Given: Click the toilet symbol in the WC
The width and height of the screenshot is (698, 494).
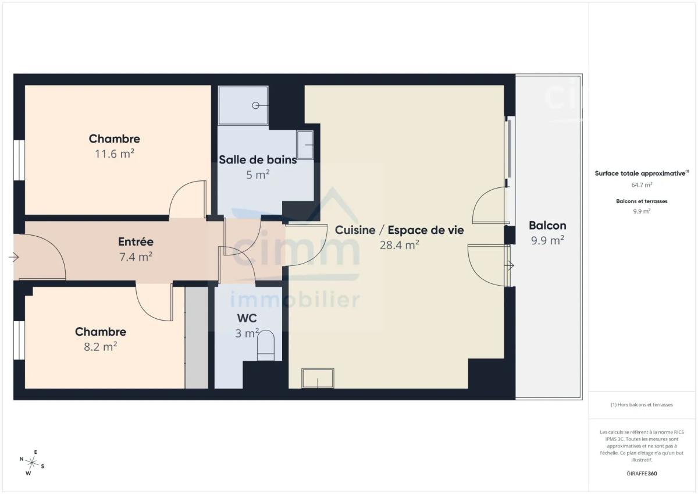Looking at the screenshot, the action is [266, 345].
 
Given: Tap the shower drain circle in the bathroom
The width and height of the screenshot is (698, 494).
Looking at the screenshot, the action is [255, 106].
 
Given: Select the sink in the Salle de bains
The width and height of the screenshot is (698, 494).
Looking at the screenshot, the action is [305, 145].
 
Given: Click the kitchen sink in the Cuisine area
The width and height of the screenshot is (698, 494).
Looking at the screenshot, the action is [318, 378].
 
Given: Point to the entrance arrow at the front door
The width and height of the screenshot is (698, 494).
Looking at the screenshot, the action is [14, 257].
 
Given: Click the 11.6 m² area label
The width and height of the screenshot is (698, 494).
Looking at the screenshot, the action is [115, 154].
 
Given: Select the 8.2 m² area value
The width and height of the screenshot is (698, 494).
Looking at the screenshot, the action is [100, 347].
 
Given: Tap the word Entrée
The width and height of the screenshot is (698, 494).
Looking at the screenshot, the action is [136, 241].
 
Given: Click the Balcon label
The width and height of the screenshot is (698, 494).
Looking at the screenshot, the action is [547, 225].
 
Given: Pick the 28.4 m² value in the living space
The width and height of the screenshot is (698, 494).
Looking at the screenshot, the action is [399, 245].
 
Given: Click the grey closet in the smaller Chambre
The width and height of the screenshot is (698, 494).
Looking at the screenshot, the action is [197, 337].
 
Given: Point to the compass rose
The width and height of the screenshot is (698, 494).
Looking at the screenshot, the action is [32, 463].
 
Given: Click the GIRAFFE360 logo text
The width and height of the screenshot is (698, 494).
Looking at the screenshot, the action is [642, 474].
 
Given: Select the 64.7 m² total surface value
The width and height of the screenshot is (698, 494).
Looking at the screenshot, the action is [642, 185].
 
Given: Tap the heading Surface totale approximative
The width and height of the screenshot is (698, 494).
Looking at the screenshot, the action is [642, 173].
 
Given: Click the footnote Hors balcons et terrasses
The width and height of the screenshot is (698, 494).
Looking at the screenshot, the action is [642, 404].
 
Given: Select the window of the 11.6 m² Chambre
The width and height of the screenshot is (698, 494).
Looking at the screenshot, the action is [19, 160].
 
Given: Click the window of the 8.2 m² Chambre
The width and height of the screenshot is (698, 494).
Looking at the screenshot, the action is [19, 340].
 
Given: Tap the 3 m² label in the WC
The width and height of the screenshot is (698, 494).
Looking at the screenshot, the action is [247, 333].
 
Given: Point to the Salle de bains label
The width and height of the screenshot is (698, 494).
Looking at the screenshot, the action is [258, 159].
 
